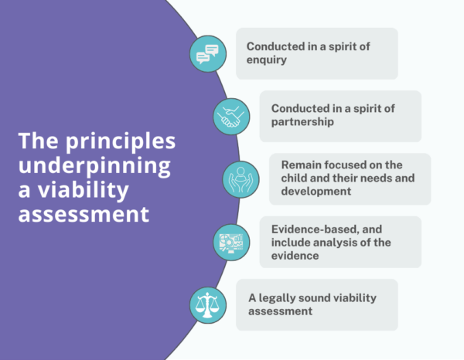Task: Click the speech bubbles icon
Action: coord(207,54)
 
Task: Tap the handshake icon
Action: coord(230,117)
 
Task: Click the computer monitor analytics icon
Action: coord(230,242)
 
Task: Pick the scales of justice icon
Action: coord(207,304)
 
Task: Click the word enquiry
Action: coord(268,60)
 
